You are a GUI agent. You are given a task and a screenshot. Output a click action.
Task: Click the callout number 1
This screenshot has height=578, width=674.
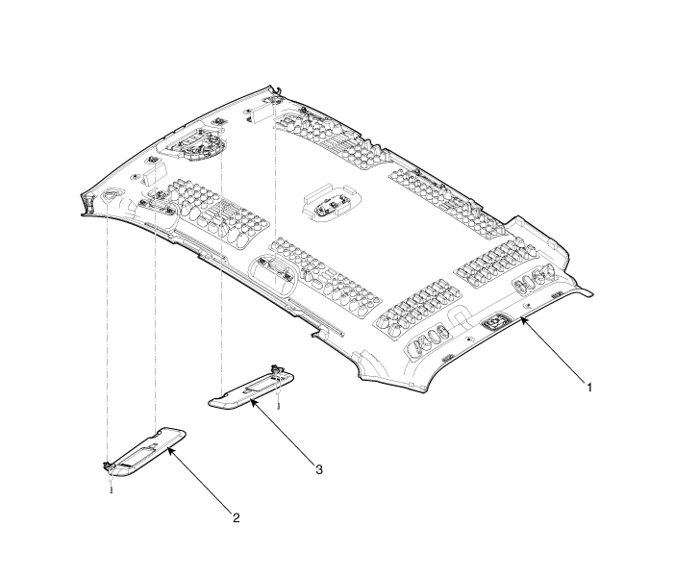[x=589, y=388]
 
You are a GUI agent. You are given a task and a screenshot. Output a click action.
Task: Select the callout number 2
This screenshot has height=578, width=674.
[x=236, y=517]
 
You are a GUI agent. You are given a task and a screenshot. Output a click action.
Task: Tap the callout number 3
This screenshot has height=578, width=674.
[x=318, y=469]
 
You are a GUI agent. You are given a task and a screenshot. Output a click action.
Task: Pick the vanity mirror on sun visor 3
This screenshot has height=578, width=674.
[x=256, y=384]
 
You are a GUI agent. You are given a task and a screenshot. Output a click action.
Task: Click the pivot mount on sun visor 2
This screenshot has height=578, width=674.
[x=106, y=465]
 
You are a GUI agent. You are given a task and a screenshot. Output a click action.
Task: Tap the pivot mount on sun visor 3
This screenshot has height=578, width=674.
[x=275, y=368]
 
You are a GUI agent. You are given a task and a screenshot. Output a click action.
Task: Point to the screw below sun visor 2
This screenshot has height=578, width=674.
[x=111, y=489]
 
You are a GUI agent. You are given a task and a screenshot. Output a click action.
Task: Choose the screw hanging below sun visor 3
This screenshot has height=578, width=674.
[x=278, y=406]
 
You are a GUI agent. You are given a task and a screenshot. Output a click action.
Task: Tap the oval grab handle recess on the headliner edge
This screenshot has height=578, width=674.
[x=273, y=275]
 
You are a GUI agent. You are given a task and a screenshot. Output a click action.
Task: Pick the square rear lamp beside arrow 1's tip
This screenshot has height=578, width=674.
[x=495, y=321]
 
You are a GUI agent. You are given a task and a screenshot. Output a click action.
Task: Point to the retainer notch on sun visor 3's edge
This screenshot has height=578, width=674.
[x=224, y=394]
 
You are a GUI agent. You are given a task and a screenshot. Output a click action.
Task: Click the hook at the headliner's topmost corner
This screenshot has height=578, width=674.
[x=278, y=89]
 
